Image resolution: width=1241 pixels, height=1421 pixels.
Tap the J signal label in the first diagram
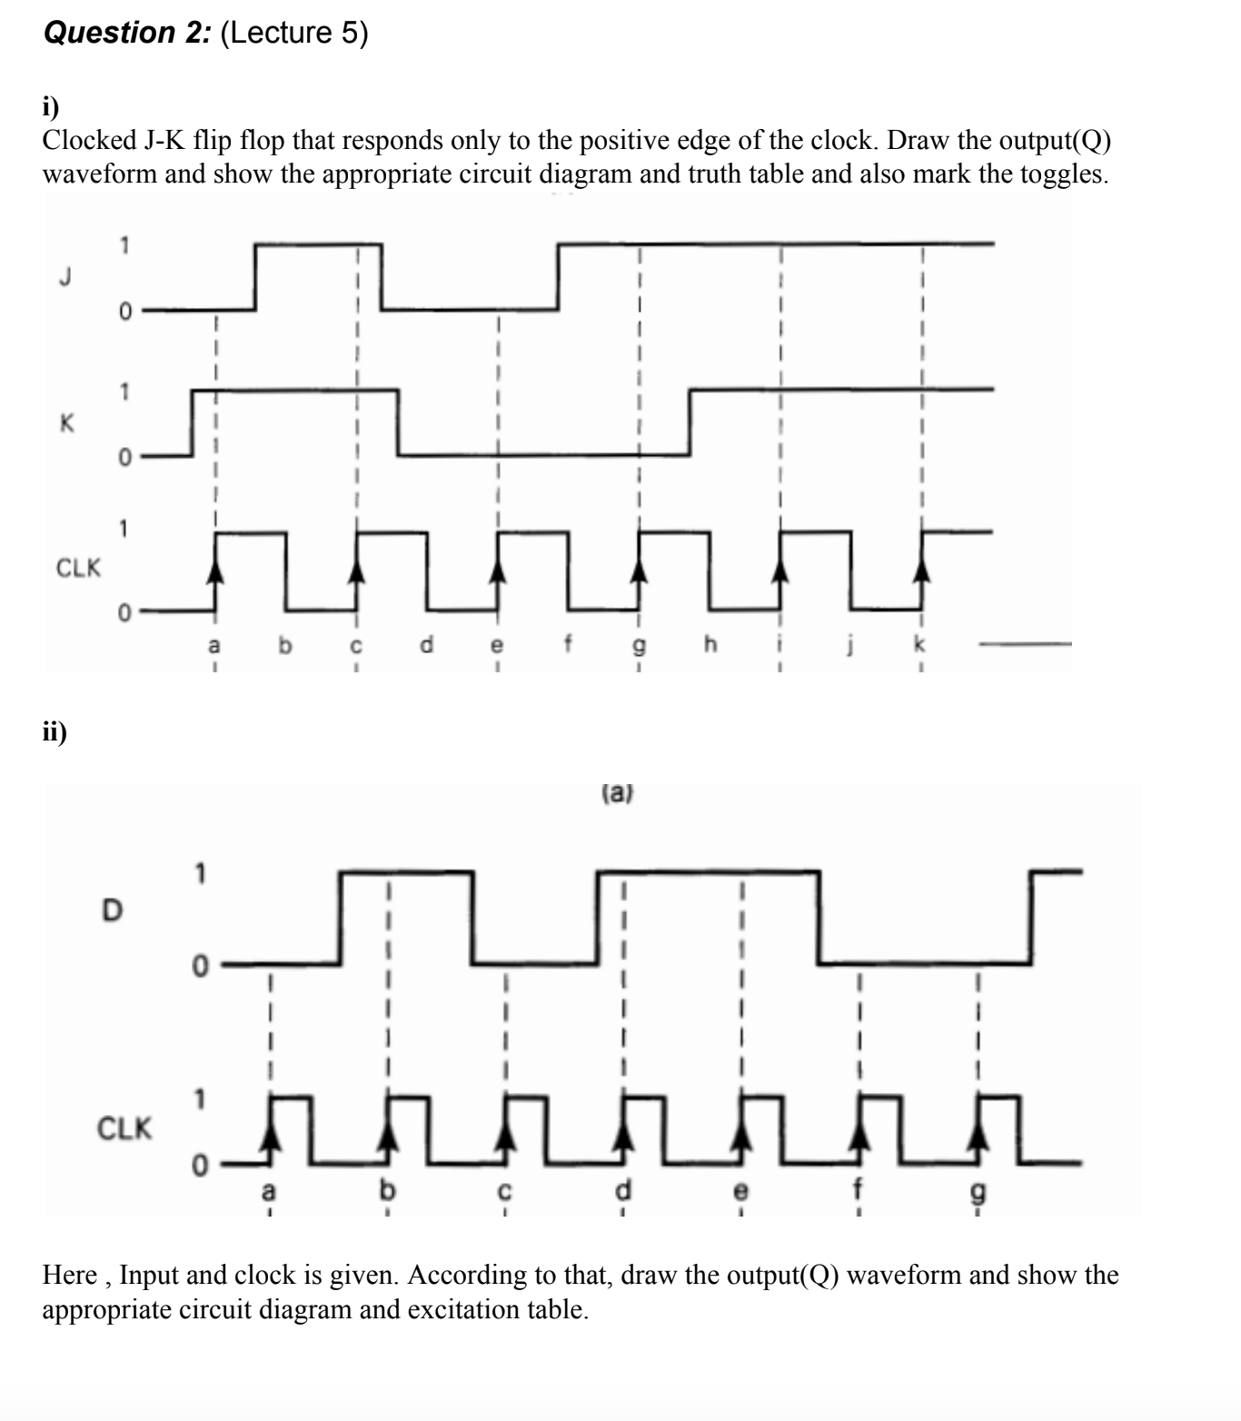click(x=64, y=276)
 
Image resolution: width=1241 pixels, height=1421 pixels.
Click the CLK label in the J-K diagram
click(x=78, y=569)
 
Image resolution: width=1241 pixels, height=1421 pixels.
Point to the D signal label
click(x=111, y=909)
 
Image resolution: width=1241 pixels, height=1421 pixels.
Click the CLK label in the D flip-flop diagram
click(x=124, y=1129)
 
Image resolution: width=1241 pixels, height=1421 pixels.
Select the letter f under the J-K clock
click(x=569, y=644)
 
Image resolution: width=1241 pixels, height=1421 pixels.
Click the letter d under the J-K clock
click(x=427, y=644)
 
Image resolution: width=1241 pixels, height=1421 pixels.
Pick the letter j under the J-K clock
click(x=851, y=646)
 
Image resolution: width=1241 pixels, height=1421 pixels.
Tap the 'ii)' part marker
click(x=55, y=731)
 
